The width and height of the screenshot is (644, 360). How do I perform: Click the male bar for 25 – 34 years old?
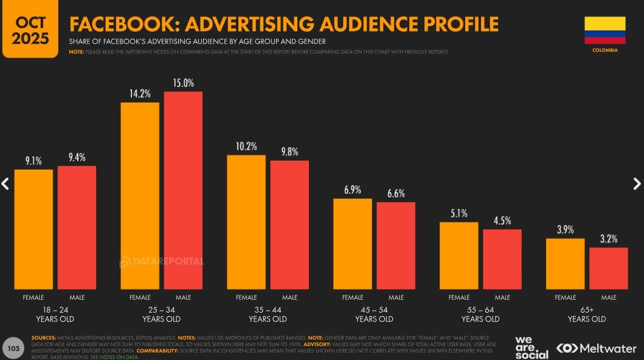[x=183, y=190]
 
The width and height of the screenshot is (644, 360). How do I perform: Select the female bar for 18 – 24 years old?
[x=33, y=229]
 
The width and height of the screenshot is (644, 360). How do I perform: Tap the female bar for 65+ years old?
[x=565, y=264]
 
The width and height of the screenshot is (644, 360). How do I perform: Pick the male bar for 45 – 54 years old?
[x=396, y=246]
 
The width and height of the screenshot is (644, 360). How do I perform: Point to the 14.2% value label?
[x=140, y=94]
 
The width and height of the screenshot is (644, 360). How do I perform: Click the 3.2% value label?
[x=609, y=239]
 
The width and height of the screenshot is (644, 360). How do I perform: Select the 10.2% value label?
[x=246, y=147]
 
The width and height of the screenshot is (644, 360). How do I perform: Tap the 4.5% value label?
[x=502, y=221]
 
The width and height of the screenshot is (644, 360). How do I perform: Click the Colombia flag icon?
[x=604, y=30]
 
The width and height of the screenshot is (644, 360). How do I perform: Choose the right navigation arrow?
[x=637, y=183]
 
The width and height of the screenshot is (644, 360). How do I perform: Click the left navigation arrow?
[x=5, y=183]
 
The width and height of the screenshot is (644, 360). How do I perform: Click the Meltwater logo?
[x=597, y=348]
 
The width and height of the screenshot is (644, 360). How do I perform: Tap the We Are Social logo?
[x=531, y=347]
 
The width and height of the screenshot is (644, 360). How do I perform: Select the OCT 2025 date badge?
[x=30, y=29]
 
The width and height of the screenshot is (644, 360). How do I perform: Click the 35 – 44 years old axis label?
[x=268, y=314]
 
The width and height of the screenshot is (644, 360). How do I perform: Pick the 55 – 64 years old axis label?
[x=480, y=314]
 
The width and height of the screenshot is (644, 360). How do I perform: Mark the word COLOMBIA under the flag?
[x=604, y=50]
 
